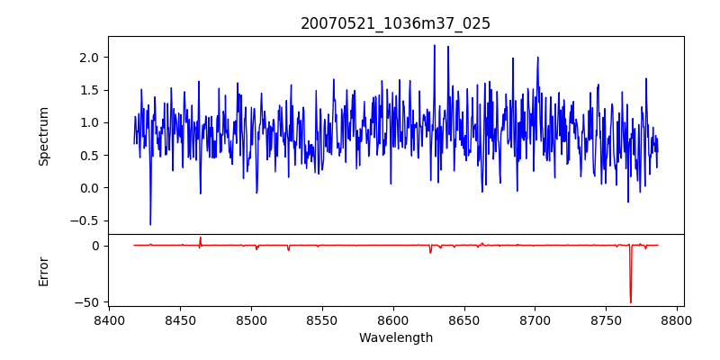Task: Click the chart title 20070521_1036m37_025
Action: tap(395, 23)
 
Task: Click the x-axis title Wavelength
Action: tap(395, 338)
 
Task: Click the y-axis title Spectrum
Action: tap(44, 136)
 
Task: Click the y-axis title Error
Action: tap(44, 271)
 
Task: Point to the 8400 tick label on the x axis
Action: tap(109, 319)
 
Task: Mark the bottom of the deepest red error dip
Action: tap(631, 302)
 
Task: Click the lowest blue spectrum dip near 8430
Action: tap(150, 224)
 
